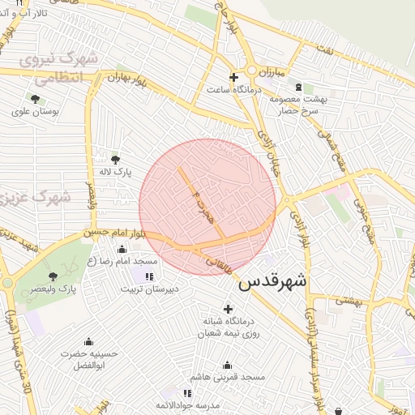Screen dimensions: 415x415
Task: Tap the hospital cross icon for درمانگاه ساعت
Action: point(234,78)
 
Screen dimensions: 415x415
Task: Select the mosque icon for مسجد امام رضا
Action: point(122,249)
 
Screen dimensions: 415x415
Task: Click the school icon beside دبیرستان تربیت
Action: point(148,276)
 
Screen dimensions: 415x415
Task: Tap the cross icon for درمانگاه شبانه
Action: point(228,308)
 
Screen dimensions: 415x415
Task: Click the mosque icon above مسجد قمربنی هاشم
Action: point(227,365)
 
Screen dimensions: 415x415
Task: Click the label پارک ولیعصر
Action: point(78,289)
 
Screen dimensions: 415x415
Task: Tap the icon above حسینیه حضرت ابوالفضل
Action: point(53,344)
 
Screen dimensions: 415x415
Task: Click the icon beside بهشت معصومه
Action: point(299,87)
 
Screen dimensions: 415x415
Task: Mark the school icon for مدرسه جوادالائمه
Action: point(187,393)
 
